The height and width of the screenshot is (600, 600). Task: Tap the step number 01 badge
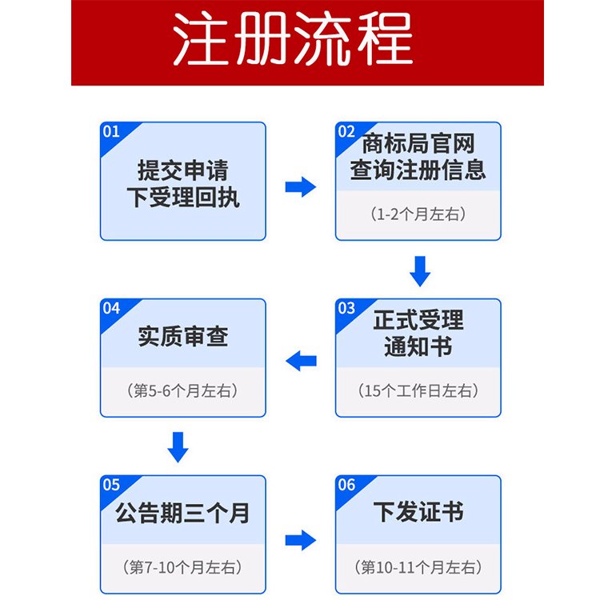point(111,132)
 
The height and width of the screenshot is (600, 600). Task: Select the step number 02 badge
point(346,132)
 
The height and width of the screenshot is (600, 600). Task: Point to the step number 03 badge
point(346,308)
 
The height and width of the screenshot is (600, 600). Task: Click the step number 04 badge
point(111,308)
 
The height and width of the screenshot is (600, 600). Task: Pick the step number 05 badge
point(111,485)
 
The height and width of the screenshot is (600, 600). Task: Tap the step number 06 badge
point(346,485)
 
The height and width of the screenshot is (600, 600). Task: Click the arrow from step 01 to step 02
point(300,187)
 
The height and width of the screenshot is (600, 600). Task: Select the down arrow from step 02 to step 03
point(419,270)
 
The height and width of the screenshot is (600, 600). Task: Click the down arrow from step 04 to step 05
point(178,446)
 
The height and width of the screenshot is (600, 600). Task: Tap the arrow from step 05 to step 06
point(300,540)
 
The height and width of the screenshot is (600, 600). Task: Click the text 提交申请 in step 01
point(183,170)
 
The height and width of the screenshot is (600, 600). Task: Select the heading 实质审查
point(183,336)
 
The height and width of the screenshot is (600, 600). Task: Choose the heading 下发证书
point(418,512)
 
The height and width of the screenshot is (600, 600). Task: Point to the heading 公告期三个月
point(183,512)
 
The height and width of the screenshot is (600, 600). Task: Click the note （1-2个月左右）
point(418,214)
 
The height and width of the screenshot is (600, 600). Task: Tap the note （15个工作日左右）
point(418,391)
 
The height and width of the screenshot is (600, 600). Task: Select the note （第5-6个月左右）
point(183,391)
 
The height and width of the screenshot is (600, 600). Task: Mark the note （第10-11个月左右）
point(418,567)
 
